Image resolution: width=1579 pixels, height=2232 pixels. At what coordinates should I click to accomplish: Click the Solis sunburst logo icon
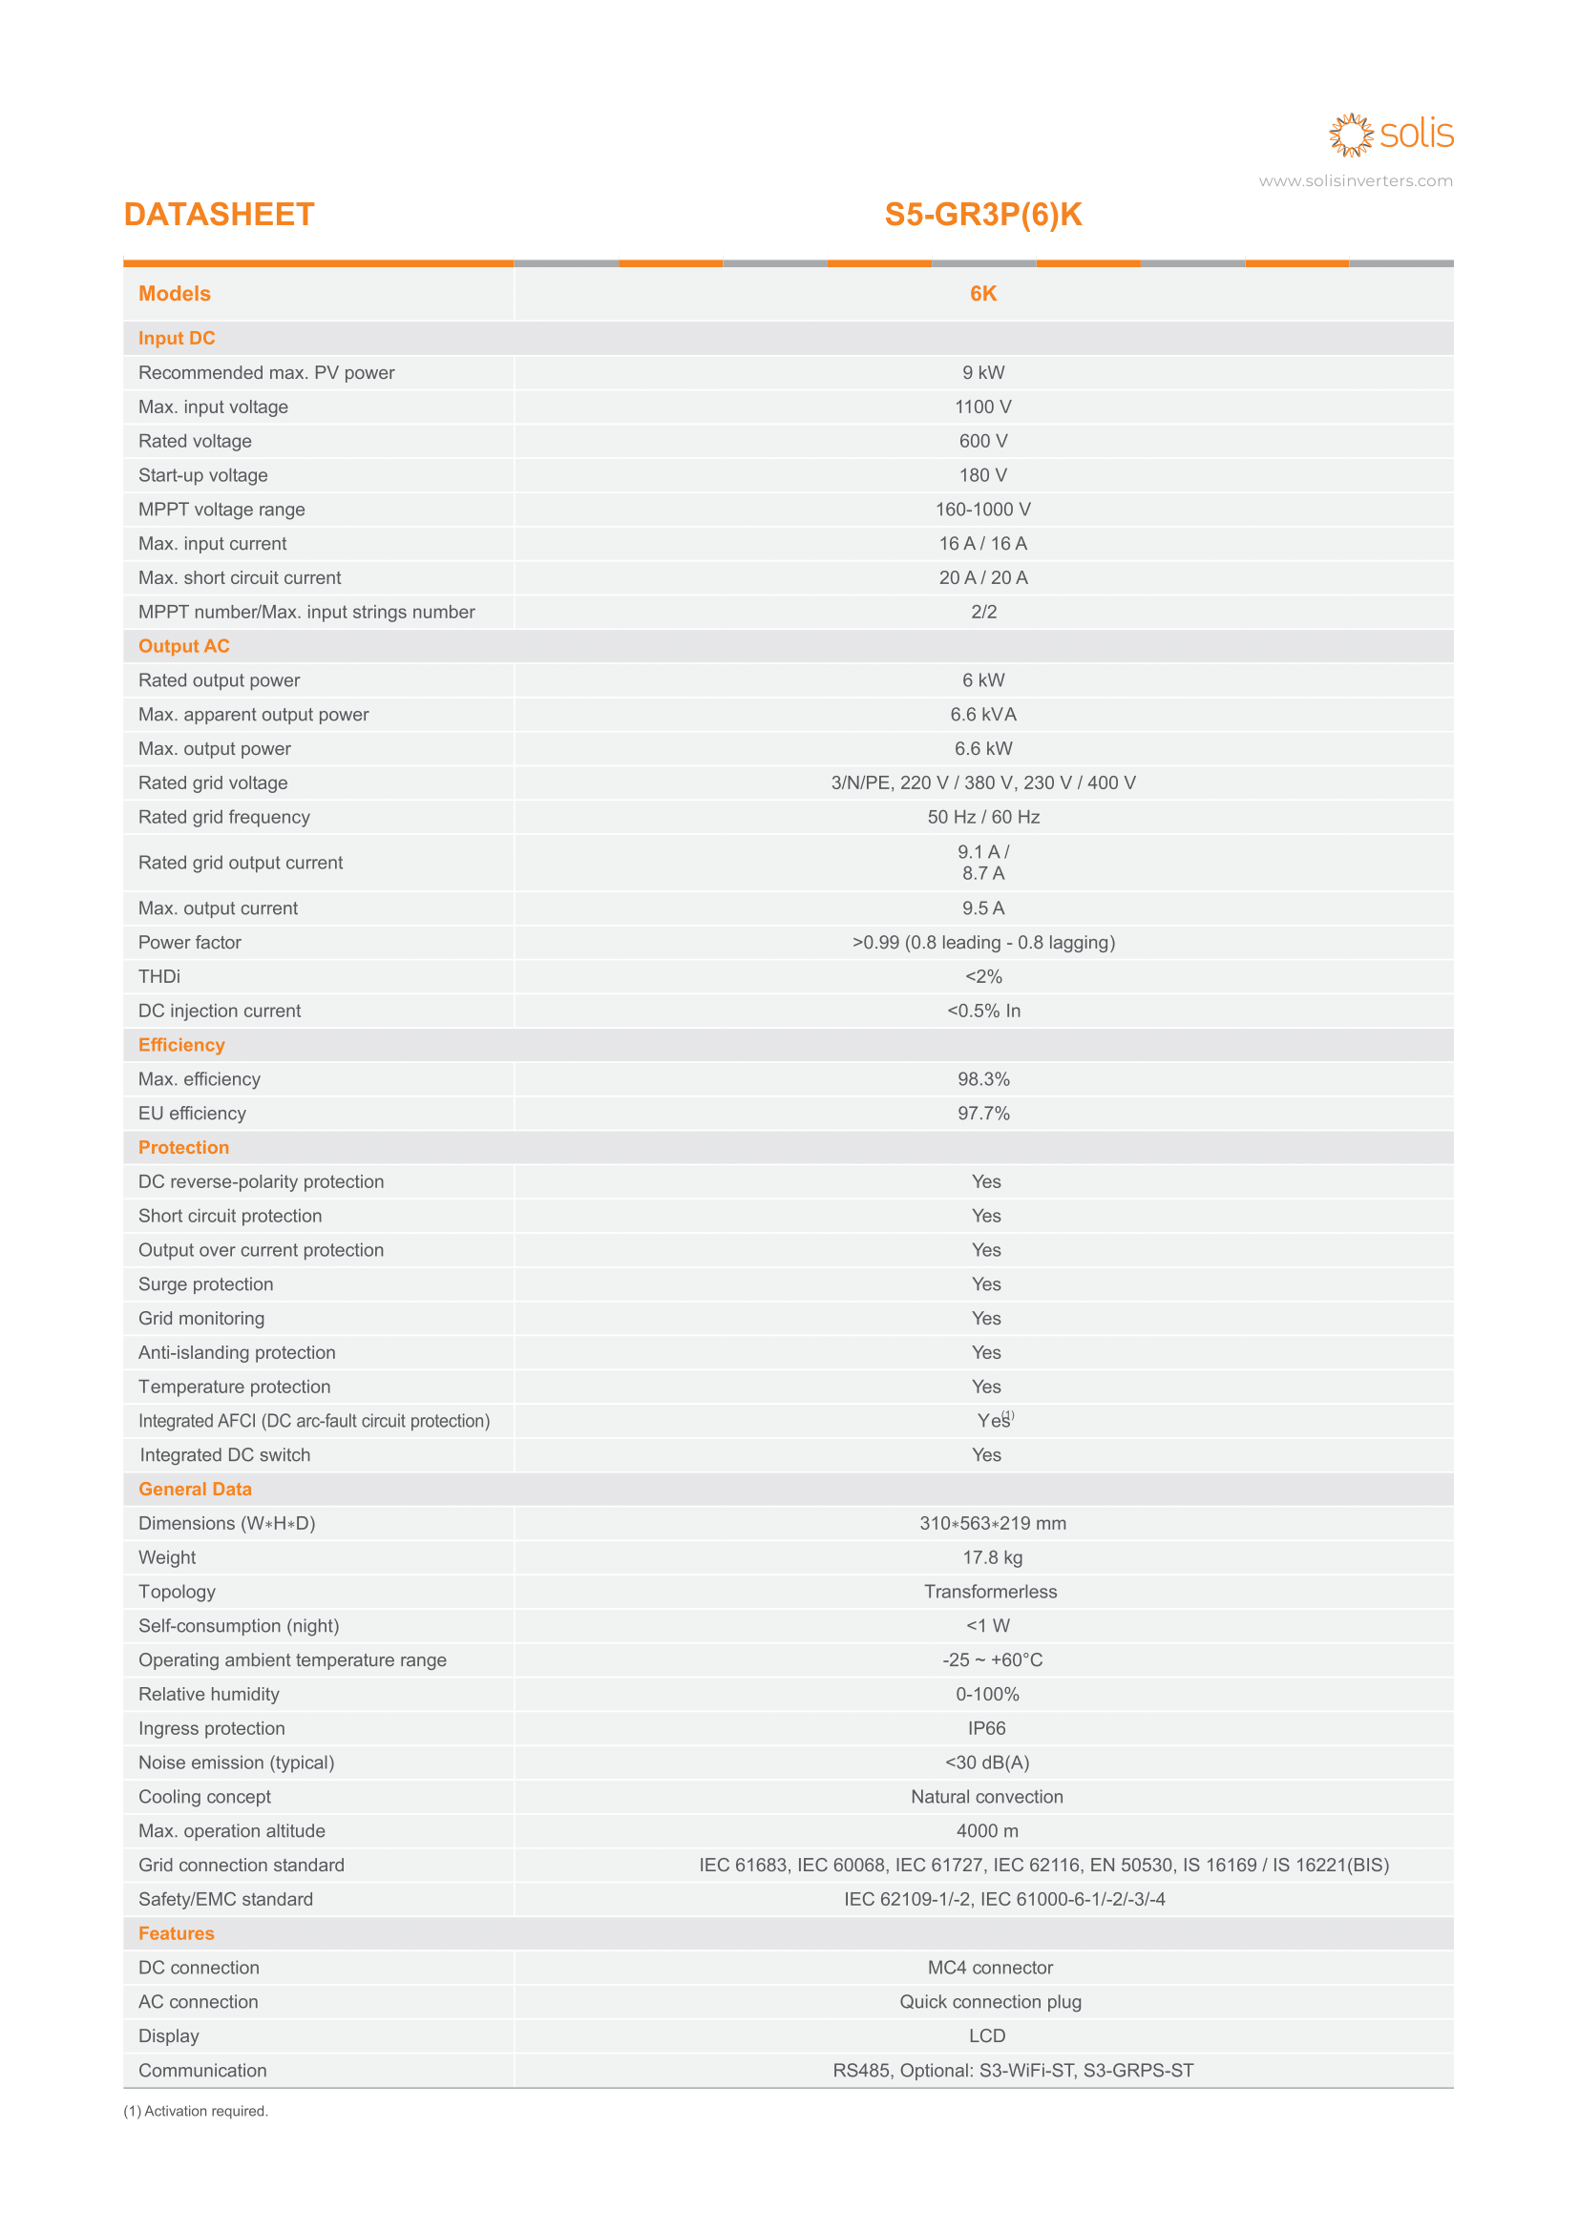coord(1351,136)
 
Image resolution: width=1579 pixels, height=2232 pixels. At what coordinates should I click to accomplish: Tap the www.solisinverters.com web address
coord(1355,180)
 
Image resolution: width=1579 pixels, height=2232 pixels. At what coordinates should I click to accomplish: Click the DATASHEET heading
coord(219,215)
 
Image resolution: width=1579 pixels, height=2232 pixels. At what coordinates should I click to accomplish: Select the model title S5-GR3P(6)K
coord(982,215)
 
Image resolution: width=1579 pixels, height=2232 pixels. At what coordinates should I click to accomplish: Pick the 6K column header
coord(982,294)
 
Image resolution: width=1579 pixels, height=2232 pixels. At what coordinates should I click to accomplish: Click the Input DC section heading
coord(176,339)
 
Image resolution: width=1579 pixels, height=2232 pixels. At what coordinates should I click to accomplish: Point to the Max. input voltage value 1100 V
coord(982,407)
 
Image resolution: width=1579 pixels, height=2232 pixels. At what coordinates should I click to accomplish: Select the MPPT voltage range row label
coord(221,510)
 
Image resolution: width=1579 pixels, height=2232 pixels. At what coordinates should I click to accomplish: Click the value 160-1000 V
coord(982,510)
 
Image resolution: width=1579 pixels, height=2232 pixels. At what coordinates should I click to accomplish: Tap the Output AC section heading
coord(183,646)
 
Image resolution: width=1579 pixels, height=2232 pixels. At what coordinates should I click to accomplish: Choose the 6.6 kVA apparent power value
coord(982,715)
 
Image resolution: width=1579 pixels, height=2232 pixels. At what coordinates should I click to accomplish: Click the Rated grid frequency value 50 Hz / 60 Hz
coord(982,818)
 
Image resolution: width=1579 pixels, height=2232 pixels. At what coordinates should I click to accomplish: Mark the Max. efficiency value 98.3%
coord(982,1079)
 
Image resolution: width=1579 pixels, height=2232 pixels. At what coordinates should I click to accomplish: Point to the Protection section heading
coord(182,1148)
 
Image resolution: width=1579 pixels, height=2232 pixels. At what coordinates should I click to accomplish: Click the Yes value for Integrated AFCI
coord(993,1421)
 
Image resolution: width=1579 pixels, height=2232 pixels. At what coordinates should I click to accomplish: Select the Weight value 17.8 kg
coord(992,1557)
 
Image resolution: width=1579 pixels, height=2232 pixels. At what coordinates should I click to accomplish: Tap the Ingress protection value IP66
coord(986,1728)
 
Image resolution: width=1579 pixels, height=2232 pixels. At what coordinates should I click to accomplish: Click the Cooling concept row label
coord(204,1797)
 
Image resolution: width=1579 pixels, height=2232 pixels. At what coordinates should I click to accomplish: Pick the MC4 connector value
coord(990,1968)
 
